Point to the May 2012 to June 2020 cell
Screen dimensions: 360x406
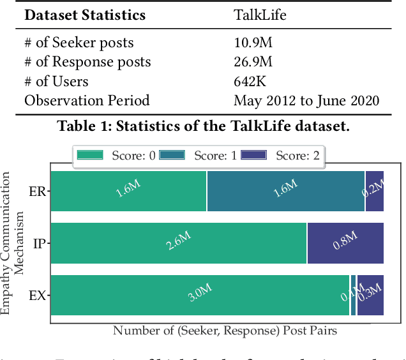(306, 100)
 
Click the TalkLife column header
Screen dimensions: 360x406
(259, 15)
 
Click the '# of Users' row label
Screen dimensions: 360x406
(56, 81)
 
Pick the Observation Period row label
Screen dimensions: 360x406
(87, 100)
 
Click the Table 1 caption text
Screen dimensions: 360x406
(203, 126)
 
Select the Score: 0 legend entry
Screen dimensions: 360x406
(116, 155)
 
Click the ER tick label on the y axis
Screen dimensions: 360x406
(36, 191)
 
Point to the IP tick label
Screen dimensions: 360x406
(38, 243)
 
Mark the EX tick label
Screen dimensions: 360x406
(36, 296)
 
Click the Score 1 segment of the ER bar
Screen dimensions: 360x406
(285, 191)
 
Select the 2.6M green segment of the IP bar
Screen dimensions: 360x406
(178, 243)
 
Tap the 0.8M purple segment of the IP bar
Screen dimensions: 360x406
(345, 243)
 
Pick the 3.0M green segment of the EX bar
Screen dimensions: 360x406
(200, 296)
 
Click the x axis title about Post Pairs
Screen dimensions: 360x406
(225, 331)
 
